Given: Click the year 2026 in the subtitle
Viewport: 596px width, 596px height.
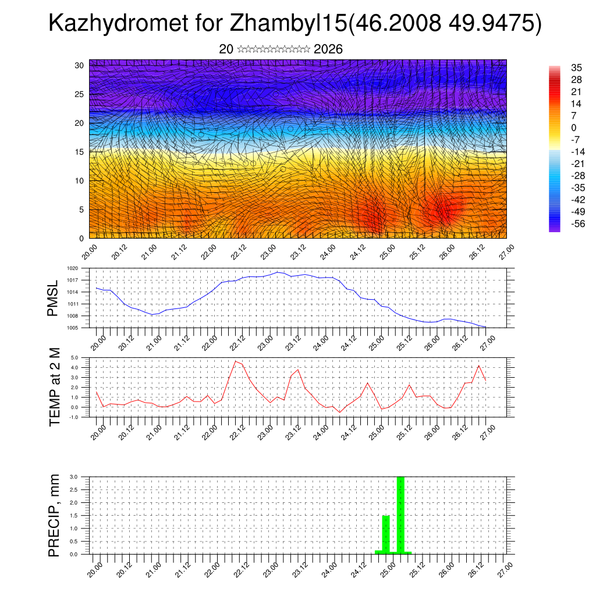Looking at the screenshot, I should (328, 49).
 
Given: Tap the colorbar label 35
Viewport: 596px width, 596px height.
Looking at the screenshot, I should (560, 68).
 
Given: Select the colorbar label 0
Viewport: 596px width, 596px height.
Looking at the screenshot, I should (558, 127).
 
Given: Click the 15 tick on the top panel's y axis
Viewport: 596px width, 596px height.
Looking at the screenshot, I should (80, 152).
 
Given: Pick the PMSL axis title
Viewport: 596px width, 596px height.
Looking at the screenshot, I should (53, 298).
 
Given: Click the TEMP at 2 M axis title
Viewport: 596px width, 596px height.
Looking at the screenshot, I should (55, 386).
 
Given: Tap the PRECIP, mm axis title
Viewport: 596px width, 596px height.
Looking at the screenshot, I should (54, 516).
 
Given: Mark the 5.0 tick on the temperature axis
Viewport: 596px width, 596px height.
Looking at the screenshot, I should (74, 358).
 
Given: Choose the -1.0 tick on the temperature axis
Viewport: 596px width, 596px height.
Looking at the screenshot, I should (74, 417).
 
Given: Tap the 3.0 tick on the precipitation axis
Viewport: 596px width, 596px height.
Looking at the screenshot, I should (74, 477).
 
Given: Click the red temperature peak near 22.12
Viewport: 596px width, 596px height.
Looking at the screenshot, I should (236, 361).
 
